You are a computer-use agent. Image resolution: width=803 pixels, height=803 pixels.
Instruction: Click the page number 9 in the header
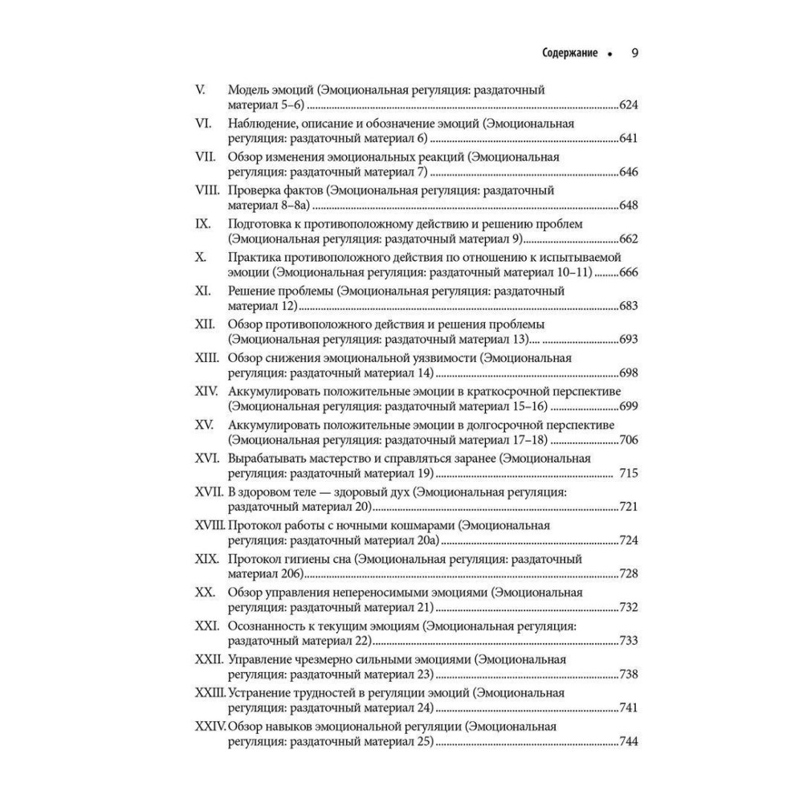[634, 55]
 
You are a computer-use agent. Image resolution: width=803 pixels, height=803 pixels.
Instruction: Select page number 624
[628, 104]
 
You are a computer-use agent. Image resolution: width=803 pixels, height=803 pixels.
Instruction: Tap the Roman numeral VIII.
[209, 191]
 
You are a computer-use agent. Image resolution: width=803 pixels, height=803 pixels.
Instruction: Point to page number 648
[628, 206]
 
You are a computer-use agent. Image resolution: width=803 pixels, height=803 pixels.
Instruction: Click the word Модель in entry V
[247, 90]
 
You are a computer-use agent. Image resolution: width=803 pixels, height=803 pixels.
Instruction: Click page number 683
[628, 306]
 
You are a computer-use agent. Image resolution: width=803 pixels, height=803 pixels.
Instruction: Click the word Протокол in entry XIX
[255, 558]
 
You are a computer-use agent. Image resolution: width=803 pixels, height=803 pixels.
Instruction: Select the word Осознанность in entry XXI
[268, 626]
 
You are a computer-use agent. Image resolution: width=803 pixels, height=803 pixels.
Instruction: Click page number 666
[628, 272]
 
